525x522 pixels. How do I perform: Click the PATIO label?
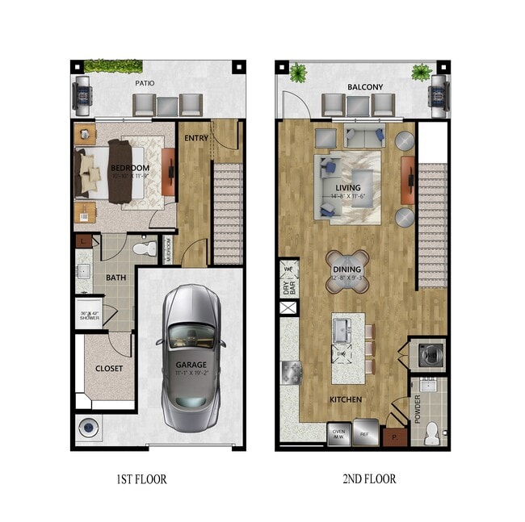145,83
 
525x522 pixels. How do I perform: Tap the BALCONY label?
364,86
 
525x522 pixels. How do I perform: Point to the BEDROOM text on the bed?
111,168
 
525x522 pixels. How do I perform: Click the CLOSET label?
108,369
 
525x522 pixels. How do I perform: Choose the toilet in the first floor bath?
145,248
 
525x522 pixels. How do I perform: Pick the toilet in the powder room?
432,431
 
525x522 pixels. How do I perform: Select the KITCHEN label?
345,399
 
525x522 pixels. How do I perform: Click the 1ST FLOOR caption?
141,479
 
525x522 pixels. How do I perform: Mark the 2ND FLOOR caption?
369,479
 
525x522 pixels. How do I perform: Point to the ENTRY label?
196,138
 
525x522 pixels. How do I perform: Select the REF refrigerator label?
364,433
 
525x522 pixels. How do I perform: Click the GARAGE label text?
191,365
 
